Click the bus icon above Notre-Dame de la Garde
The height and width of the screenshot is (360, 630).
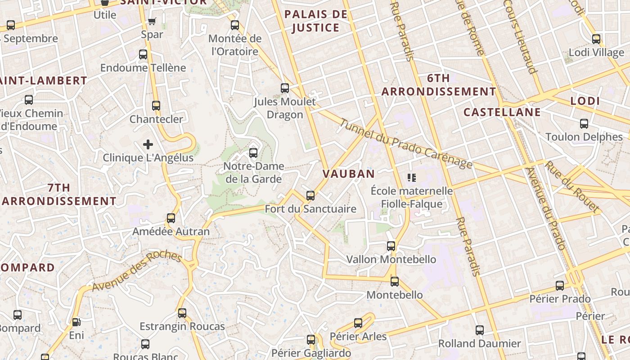tap(253, 153)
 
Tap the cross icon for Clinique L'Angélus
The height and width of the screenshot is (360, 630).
tap(148, 144)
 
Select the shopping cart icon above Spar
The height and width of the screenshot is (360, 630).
tap(152, 21)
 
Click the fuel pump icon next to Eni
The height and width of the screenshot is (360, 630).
tap(76, 322)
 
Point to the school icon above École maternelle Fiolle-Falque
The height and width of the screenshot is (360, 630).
tap(411, 178)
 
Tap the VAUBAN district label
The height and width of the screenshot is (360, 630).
tap(349, 174)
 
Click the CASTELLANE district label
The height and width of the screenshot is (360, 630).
tap(502, 112)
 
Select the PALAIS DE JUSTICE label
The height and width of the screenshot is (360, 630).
tap(316, 21)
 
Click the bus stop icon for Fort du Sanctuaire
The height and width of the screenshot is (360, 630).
tap(310, 196)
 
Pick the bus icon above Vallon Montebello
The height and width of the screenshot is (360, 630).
tap(391, 246)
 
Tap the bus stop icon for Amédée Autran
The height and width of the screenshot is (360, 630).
tap(171, 218)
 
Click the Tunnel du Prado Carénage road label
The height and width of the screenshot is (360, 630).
tap(406, 144)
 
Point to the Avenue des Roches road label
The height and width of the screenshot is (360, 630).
tap(137, 271)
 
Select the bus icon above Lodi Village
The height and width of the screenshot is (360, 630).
tap(596, 39)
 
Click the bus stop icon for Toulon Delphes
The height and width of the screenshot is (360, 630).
tap(584, 123)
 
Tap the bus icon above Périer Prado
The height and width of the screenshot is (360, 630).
tap(560, 286)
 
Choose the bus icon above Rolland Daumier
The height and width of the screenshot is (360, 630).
tap(480, 330)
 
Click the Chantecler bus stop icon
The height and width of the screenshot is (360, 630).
tap(156, 106)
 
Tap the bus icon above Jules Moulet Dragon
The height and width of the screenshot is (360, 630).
tap(285, 88)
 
